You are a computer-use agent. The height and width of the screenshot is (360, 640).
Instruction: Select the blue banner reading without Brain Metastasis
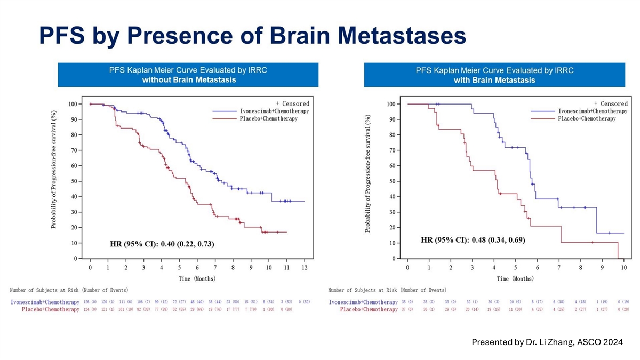(188, 75)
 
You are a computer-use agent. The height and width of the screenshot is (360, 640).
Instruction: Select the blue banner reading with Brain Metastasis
(494, 75)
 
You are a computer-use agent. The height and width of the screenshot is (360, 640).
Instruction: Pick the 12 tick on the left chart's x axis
(304, 267)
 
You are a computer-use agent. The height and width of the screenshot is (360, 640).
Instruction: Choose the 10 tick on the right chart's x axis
(623, 267)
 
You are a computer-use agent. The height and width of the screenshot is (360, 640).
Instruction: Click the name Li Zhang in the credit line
(553, 342)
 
